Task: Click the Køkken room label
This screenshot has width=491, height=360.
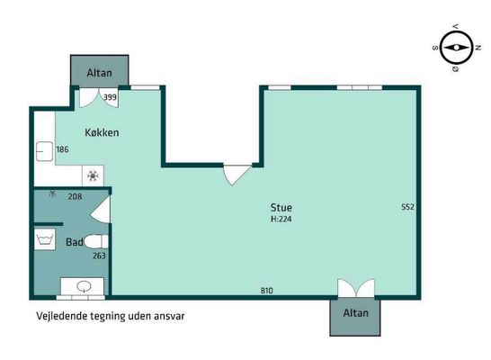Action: pos(102,132)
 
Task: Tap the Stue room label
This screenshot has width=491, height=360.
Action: pos(281,207)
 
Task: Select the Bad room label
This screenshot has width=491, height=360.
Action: pos(75,242)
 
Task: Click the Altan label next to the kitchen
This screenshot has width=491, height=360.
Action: pos(99,73)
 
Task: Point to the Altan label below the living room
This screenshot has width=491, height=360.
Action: pos(356,312)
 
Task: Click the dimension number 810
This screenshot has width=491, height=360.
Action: pos(266,291)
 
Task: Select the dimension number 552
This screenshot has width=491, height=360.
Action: pos(407,207)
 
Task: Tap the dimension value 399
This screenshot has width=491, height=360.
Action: pos(110,97)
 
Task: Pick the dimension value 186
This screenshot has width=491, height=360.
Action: pos(62,149)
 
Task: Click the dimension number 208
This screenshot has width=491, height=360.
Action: pos(75,196)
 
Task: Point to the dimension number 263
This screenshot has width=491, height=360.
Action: pos(99,256)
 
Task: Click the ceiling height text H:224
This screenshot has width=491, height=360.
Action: pos(281,219)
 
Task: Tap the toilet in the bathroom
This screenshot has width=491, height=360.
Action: pos(96,241)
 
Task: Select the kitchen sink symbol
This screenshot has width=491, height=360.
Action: pos(44,151)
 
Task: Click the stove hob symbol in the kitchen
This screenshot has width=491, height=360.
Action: pos(93,175)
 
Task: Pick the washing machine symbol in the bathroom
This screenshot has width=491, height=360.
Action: pos(45,239)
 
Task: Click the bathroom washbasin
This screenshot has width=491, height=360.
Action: pos(83,286)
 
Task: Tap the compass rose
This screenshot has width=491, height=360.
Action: pos(456,48)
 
